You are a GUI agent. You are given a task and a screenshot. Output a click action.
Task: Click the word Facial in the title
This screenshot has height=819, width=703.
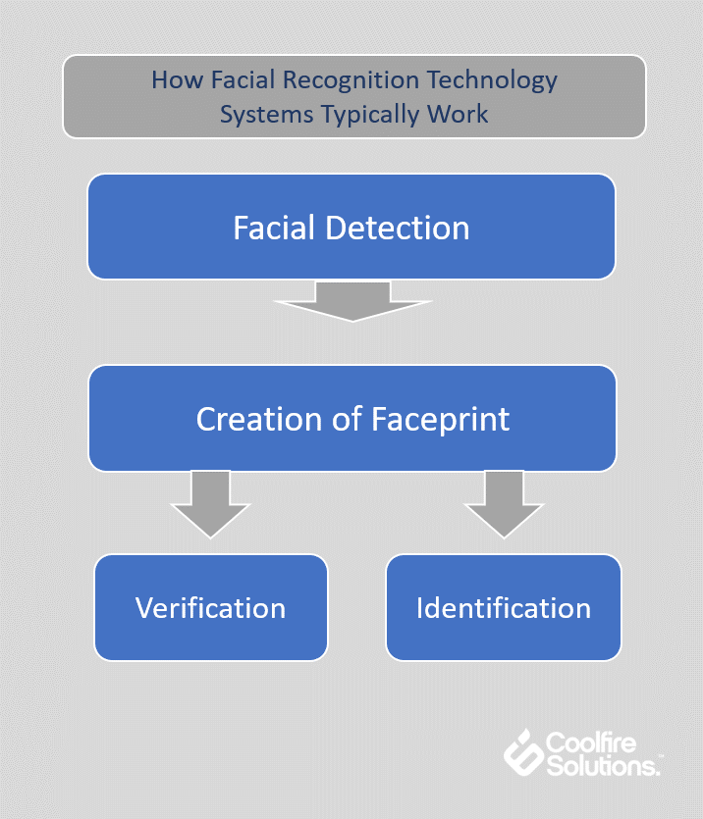pos(243,79)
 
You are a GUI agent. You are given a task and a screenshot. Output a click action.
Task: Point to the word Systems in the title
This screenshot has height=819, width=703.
pos(266,115)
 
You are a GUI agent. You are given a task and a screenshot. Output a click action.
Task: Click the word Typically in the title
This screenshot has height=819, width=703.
pos(369,115)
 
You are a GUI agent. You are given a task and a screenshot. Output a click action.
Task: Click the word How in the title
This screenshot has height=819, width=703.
pos(177,79)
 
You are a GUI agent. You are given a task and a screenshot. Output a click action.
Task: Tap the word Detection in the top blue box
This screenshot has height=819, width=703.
pos(398,228)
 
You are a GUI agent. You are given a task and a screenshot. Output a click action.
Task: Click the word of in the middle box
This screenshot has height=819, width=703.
pos(347,419)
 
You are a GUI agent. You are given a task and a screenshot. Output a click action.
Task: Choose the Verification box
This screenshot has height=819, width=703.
pos(211,607)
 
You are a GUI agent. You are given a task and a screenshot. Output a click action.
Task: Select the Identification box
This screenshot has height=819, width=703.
pos(504,607)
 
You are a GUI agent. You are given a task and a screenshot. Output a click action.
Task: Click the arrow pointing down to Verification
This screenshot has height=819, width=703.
pos(211,504)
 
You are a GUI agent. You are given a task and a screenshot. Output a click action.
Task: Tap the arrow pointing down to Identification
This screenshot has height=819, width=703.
pos(505,504)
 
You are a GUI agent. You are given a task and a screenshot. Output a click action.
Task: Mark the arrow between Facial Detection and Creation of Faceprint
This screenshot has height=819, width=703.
pos(352,301)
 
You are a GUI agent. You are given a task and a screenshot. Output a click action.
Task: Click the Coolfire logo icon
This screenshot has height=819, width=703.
pos(523,752)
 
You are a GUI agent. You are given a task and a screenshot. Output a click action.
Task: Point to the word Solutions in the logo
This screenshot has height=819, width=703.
pos(603,766)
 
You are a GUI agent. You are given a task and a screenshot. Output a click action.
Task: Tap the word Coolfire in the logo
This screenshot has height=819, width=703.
pos(591,742)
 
